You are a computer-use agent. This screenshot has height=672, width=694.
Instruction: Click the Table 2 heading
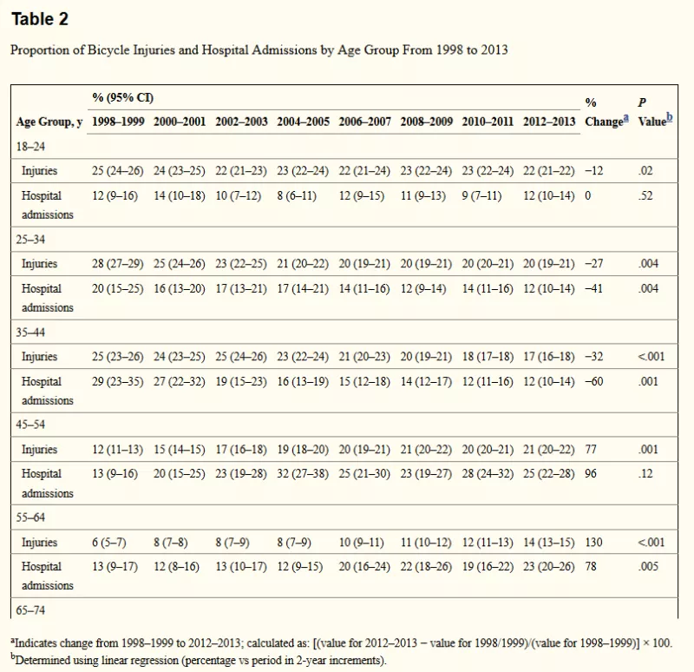[x=40, y=19]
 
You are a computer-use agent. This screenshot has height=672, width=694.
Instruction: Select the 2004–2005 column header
[x=303, y=122]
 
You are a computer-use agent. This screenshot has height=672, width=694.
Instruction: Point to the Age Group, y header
[x=49, y=122]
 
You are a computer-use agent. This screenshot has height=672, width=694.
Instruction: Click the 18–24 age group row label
[x=30, y=147]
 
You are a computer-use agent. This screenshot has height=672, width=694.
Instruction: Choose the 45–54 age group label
[x=30, y=425]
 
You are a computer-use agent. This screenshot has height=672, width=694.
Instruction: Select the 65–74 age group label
[x=30, y=610]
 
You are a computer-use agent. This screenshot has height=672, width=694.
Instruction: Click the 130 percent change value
[x=593, y=543]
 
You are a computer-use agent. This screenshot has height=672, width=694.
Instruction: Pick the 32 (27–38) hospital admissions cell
[x=303, y=473]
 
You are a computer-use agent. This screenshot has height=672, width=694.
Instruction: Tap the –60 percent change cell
[x=594, y=381]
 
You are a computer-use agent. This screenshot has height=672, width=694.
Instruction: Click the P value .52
[x=645, y=195]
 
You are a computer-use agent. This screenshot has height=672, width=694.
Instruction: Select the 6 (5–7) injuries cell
[x=109, y=543]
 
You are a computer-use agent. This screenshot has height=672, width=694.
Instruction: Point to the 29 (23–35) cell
[x=118, y=381]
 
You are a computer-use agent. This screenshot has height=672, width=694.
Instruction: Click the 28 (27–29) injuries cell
[x=118, y=264]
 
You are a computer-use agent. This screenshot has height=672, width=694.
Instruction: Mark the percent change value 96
[x=591, y=473]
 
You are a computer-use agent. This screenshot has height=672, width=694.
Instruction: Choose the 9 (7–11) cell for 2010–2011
[x=481, y=195]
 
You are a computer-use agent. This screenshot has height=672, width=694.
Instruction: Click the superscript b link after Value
[x=670, y=117]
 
